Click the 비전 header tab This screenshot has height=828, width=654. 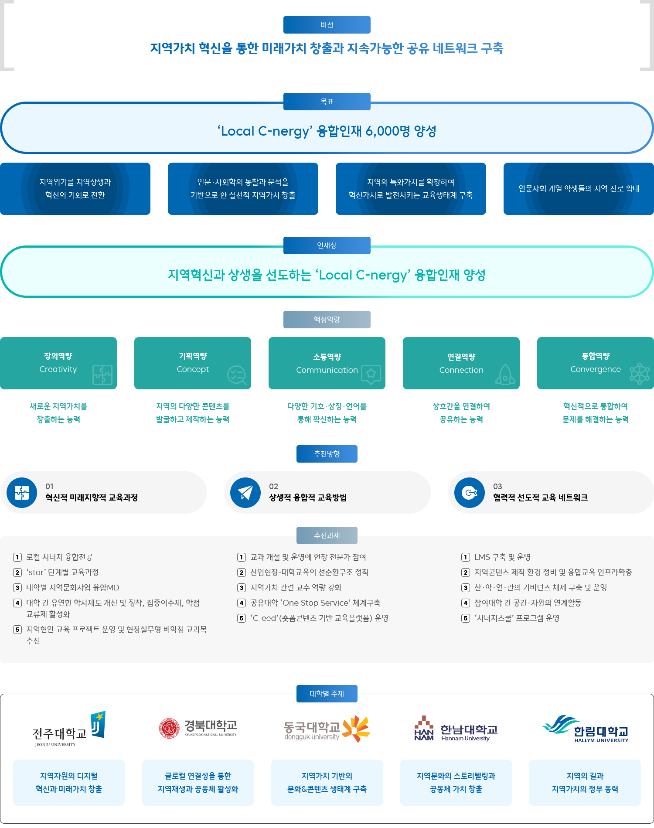(327, 25)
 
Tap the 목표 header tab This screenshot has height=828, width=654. (327, 101)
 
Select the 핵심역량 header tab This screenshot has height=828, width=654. (327, 320)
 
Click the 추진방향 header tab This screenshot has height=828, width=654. (327, 454)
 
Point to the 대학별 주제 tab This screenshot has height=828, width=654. (327, 693)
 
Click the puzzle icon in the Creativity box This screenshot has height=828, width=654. (102, 375)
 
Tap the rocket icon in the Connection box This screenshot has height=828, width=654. (505, 375)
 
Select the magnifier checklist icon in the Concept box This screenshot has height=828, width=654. (237, 375)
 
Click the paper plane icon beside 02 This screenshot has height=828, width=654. (245, 493)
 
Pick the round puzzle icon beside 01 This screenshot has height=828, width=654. (22, 493)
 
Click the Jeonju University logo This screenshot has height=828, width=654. (69, 729)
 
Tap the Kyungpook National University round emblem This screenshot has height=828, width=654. (169, 728)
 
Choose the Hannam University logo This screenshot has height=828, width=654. (456, 729)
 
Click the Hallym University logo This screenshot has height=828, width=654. (585, 729)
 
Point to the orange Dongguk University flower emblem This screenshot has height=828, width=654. (356, 728)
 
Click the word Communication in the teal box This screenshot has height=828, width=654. (327, 370)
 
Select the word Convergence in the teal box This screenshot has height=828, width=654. (595, 369)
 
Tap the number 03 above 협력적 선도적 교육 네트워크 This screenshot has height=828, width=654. (497, 487)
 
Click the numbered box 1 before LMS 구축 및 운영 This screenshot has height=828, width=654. (466, 557)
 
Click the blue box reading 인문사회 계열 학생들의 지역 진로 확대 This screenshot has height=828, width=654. (579, 189)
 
